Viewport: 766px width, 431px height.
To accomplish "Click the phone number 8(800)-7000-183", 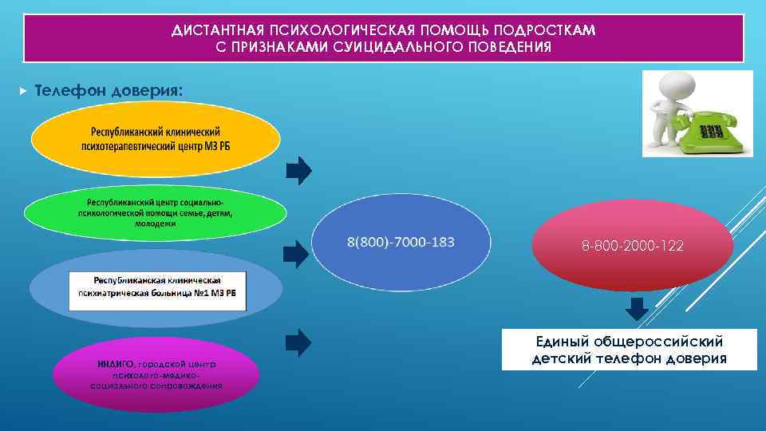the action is coord(401,242).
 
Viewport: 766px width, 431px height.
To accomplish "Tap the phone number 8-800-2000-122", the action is coord(633,247).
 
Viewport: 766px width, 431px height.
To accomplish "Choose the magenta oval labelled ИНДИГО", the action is coord(156,374).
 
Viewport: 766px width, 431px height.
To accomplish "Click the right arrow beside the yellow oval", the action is coord(298,169).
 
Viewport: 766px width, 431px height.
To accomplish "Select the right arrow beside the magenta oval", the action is coord(298,341).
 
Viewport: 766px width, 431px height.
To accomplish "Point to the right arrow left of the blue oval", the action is coord(298,253).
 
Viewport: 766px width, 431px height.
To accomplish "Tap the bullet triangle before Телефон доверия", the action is coord(22,91).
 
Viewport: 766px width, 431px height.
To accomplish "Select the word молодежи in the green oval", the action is coord(156,224).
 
